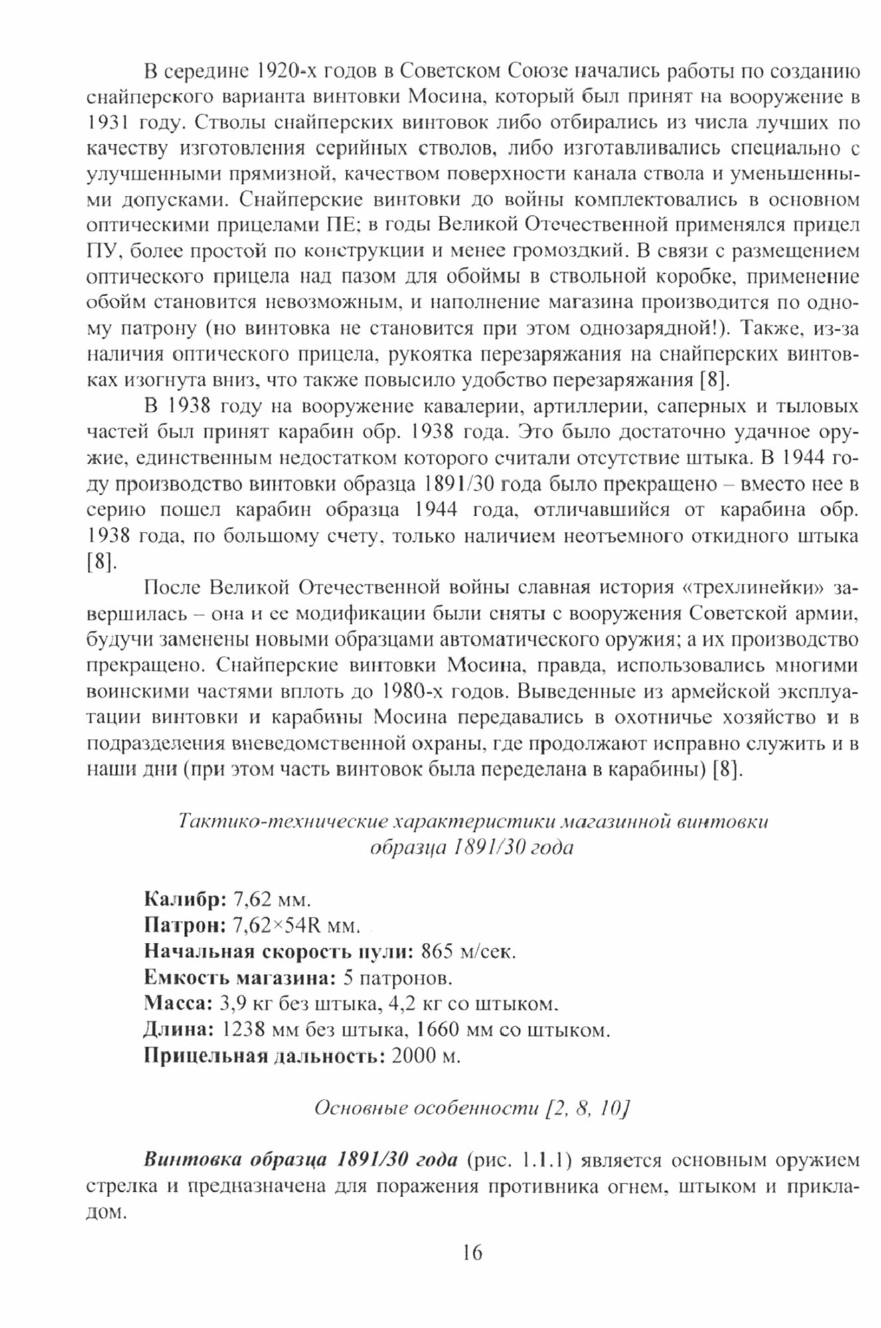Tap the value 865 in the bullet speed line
[436, 952]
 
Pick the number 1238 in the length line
[242, 1031]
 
